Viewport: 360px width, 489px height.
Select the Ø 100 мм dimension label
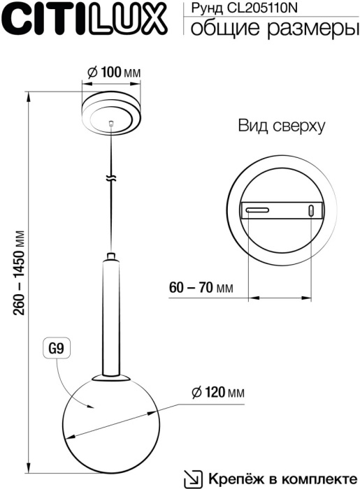coord(112,73)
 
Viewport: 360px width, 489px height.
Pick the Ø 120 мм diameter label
coord(217,393)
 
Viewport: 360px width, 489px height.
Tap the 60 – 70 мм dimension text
coord(201,287)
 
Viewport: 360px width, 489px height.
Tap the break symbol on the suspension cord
coord(111,178)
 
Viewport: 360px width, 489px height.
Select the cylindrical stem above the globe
coord(111,314)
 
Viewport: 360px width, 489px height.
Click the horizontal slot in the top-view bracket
coord(256,209)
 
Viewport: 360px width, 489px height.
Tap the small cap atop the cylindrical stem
coord(111,256)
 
